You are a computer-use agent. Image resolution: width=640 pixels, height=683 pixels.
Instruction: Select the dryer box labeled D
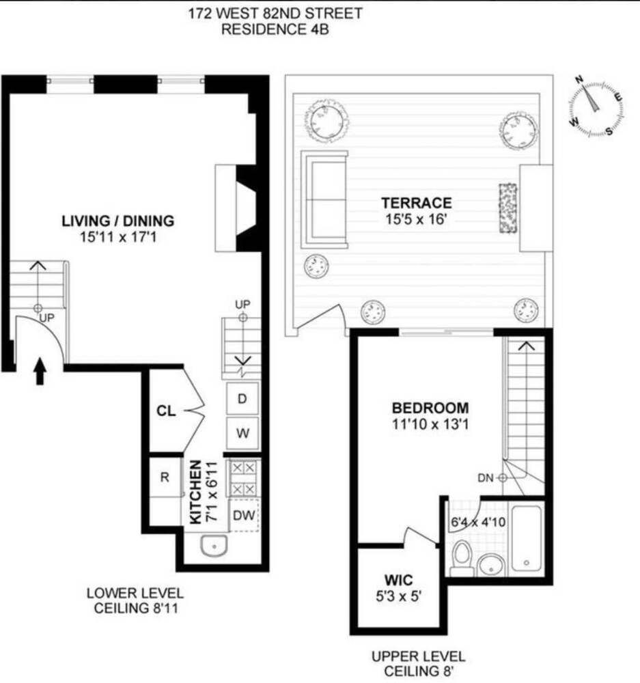click(x=242, y=399)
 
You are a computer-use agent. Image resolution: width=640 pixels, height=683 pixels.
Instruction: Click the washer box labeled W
click(x=242, y=433)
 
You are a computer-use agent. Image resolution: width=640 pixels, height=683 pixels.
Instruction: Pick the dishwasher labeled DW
click(x=243, y=516)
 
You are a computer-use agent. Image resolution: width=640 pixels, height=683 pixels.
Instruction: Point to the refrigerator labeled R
click(x=165, y=477)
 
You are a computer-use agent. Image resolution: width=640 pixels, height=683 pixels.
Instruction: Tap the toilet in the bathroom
click(x=462, y=556)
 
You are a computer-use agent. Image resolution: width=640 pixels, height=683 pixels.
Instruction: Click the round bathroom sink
click(x=490, y=564)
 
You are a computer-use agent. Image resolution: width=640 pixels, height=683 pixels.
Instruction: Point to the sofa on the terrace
click(x=324, y=199)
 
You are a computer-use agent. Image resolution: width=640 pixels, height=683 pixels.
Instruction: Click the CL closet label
click(x=166, y=411)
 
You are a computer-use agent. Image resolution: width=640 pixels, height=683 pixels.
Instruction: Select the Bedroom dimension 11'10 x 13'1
click(x=430, y=423)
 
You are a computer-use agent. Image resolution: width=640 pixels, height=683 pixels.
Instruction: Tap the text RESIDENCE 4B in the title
click(x=276, y=29)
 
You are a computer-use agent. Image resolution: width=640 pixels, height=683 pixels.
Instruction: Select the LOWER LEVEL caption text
click(x=135, y=593)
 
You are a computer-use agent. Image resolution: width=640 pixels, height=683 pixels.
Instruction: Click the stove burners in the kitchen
click(x=242, y=479)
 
